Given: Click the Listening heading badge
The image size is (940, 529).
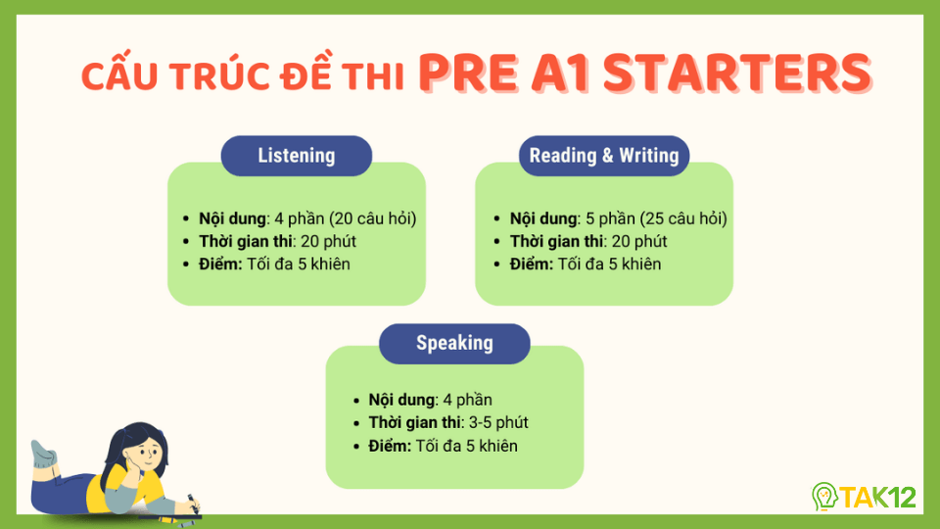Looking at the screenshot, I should coord(296,156).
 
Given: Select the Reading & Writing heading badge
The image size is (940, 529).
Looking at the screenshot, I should coord(603,156).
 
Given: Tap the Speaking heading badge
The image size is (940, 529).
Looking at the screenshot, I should coord(454,344).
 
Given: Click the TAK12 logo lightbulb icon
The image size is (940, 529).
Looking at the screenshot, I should coord(824,497).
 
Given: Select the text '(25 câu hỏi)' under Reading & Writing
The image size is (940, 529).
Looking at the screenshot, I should coord(682,218).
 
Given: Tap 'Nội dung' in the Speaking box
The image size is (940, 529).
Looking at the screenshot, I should coord(400,400).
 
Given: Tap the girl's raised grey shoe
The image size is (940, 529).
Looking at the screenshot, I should coord(43,454).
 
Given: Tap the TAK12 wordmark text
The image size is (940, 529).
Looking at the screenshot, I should coord(879,497).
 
